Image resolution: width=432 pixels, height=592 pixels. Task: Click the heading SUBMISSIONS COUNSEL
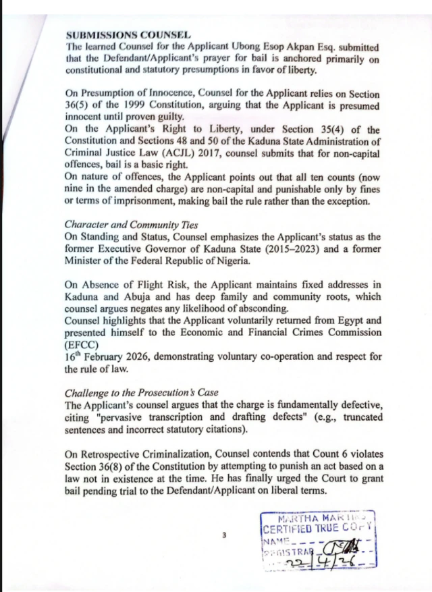coord(128,34)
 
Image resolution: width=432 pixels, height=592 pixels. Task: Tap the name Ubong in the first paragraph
coord(240,47)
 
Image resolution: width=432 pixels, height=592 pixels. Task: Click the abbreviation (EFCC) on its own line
coord(82,344)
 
